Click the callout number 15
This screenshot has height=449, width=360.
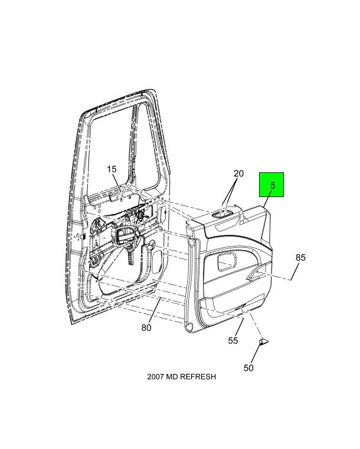(112, 169)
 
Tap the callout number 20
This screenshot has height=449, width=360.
(238, 173)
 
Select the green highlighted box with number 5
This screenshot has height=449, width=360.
(271, 185)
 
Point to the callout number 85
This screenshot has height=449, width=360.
(300, 257)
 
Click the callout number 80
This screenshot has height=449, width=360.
(146, 327)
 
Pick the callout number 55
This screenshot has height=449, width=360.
(233, 340)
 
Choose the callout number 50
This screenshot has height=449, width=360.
(248, 368)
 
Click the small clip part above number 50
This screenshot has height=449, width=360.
(263, 342)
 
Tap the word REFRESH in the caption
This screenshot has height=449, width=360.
(198, 376)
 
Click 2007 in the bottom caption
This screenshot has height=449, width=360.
(156, 376)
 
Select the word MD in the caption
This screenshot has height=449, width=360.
(172, 376)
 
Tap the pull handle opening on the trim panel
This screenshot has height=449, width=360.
(257, 274)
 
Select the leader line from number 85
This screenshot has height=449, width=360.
(294, 271)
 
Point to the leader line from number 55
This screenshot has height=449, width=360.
(241, 326)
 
